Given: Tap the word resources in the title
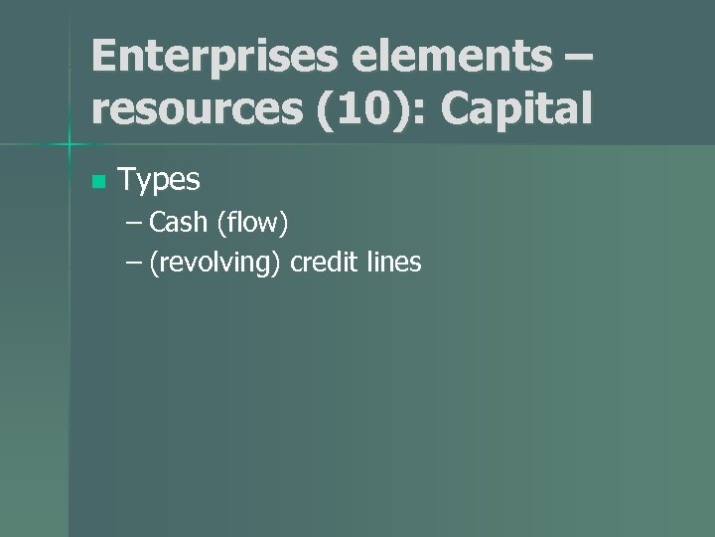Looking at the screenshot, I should (198, 109).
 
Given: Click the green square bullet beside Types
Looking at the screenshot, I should (97, 182).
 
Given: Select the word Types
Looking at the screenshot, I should (159, 180).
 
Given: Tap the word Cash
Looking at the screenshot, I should (179, 223).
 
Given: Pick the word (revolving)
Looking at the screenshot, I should (215, 263).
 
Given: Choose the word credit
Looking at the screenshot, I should (323, 263).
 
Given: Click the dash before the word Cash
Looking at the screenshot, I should (134, 224).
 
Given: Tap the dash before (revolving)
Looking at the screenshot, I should (134, 264).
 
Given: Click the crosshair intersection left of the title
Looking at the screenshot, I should (70, 146).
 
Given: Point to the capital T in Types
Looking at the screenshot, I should (126, 180).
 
